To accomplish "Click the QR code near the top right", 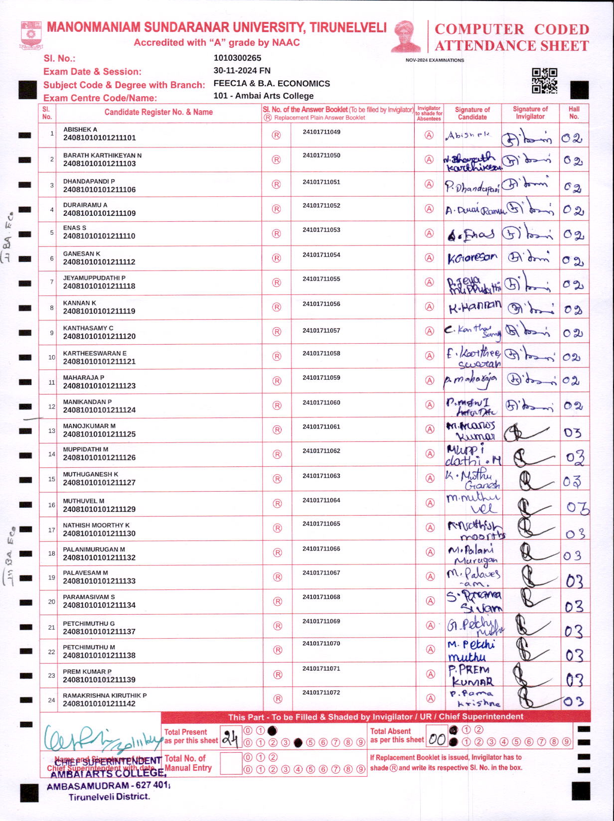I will tap(544, 81).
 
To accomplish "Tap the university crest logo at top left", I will tap(31, 35).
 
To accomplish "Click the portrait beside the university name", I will tap(406, 36).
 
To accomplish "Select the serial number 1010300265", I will tap(237, 58).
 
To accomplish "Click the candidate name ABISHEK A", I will tap(80, 130).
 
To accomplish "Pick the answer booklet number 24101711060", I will tap(321, 403).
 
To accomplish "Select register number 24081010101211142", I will tap(99, 704).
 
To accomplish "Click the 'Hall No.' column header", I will tap(574, 113).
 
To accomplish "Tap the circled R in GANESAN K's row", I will tap(276, 258).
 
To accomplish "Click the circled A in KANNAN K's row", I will tap(429, 307).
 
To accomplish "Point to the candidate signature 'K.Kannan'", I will tap(474, 307).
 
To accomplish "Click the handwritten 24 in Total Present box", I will tap(230, 737).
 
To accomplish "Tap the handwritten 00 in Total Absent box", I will tap(437, 739).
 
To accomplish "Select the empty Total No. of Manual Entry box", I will tap(230, 763).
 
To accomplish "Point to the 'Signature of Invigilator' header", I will tap(530, 113).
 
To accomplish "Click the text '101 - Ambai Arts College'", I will tap(263, 96).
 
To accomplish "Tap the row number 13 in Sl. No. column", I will tap(51, 430).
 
